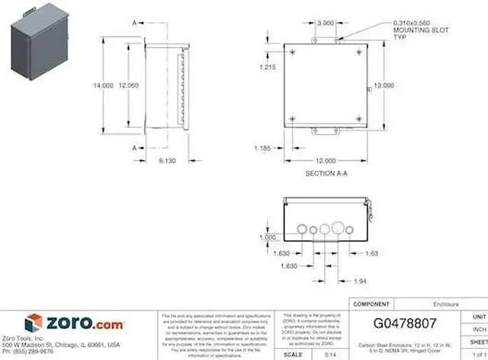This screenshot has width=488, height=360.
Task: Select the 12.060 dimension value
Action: (128, 86)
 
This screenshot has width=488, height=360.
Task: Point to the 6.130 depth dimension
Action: (168, 161)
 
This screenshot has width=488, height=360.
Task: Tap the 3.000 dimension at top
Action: (325, 24)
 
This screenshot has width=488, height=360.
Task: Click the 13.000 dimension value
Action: (383, 86)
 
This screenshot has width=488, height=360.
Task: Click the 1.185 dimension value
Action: (263, 147)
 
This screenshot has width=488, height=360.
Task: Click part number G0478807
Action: (406, 323)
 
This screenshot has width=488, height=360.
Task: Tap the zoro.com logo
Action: (72, 323)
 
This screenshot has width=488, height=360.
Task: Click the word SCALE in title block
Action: (293, 355)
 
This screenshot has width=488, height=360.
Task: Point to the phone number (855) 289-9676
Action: (29, 352)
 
